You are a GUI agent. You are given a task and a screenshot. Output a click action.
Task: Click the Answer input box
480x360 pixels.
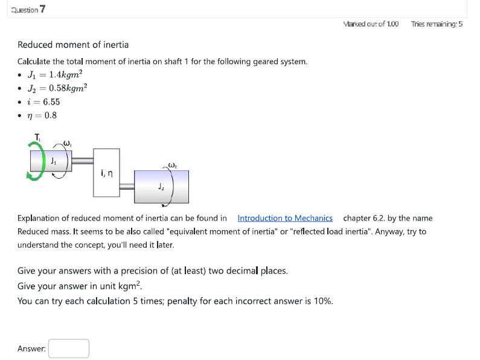[69, 349]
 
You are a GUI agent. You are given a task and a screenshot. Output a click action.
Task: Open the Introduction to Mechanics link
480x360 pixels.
[285, 218]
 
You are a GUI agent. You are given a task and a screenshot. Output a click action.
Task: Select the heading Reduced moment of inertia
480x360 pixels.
[73, 45]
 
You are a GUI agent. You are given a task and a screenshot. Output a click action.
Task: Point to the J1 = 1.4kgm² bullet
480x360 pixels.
[55, 75]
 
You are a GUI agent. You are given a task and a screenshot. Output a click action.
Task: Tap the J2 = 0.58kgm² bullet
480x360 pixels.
[58, 88]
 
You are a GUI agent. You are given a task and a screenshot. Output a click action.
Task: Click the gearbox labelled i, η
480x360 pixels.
[106, 173]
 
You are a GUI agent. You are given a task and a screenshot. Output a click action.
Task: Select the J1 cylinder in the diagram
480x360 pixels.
[52, 162]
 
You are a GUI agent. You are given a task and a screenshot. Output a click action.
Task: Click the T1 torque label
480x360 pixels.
[38, 137]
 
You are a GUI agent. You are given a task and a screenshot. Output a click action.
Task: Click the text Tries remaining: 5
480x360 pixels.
[437, 24]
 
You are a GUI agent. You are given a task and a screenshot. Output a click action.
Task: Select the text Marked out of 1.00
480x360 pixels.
[370, 24]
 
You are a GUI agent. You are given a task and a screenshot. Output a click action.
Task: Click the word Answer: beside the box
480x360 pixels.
[31, 349]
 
